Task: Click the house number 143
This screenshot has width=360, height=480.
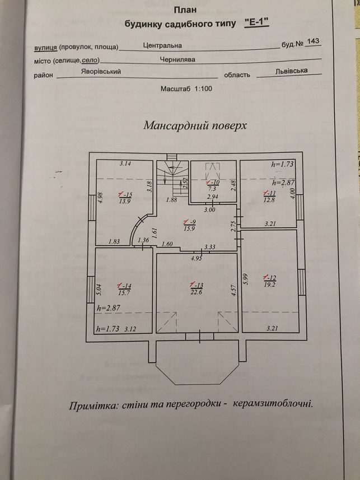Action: (x=312, y=41)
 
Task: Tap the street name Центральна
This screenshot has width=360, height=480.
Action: (x=162, y=45)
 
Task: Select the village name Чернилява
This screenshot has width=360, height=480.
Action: (x=177, y=59)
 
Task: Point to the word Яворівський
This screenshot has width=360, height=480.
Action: (x=101, y=72)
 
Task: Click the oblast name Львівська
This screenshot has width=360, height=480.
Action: (x=292, y=71)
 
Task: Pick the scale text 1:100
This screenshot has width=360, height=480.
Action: (x=203, y=89)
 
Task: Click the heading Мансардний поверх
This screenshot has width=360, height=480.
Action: (x=195, y=125)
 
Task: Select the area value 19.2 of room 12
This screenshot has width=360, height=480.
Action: (x=270, y=285)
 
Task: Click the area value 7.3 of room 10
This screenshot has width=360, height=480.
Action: (x=212, y=189)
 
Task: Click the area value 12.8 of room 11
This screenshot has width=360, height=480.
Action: (x=269, y=201)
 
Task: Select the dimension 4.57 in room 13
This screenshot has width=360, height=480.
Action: (x=234, y=291)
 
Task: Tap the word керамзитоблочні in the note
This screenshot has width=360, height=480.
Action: (x=273, y=404)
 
